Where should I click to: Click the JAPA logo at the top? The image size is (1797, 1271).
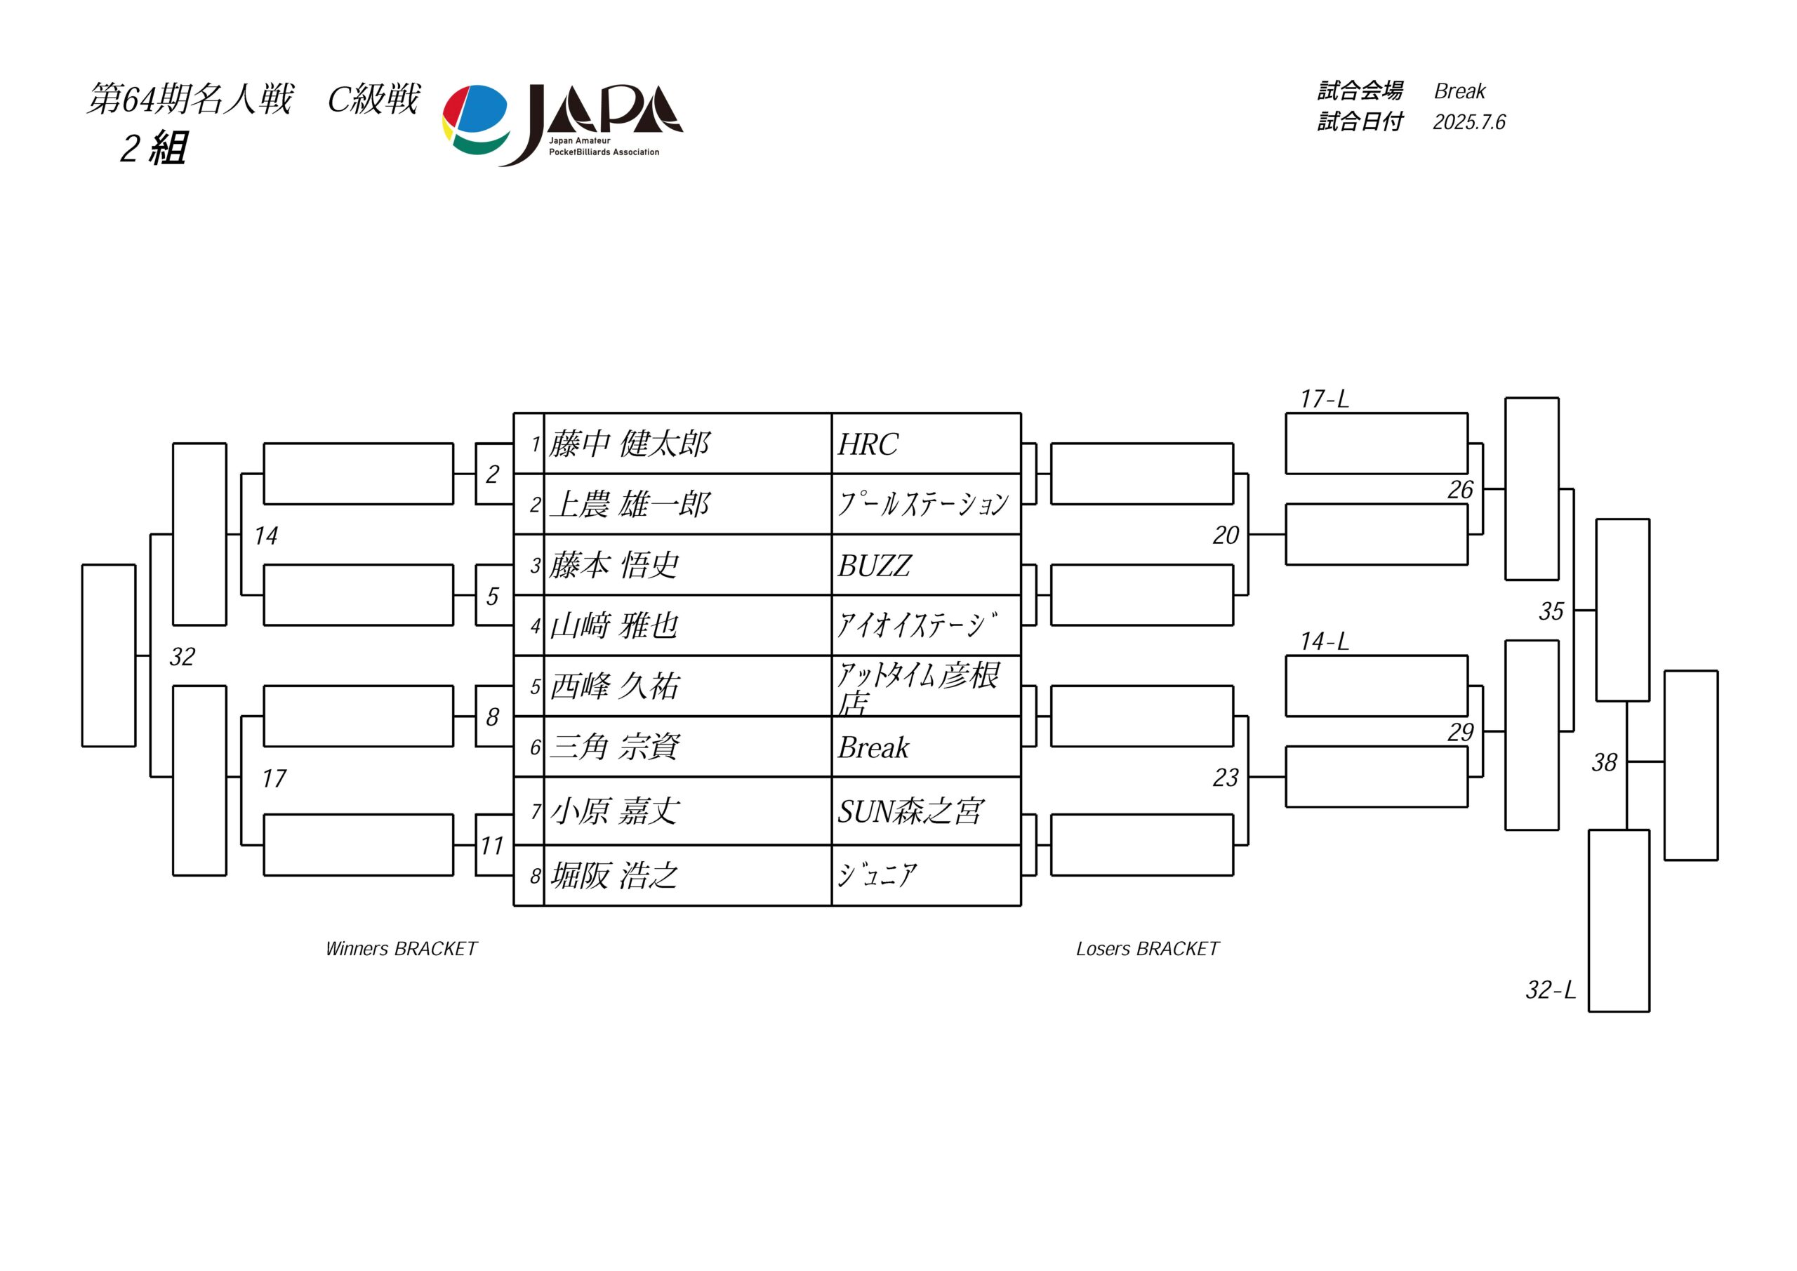tap(563, 124)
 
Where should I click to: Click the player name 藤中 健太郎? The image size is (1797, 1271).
tap(629, 444)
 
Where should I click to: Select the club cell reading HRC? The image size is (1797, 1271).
tap(868, 444)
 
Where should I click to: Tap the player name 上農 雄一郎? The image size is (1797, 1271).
tap(629, 504)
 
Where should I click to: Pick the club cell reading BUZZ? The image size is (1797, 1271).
tap(874, 566)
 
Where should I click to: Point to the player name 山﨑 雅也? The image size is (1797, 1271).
tap(614, 626)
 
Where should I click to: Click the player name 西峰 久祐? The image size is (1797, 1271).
tap(614, 686)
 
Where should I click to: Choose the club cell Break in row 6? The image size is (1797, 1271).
tap(873, 747)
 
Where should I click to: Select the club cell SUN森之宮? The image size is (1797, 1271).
tap(910, 811)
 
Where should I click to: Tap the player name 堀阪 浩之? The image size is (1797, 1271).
tap(614, 875)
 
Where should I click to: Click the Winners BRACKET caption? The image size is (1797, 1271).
tap(401, 949)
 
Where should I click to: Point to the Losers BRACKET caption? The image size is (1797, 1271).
tap(1148, 949)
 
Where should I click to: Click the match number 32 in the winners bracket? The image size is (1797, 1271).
tap(183, 657)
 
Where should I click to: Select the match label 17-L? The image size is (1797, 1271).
tap(1325, 399)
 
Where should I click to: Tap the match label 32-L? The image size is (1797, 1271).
tap(1551, 990)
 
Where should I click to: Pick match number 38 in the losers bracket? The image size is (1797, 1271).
tap(1605, 762)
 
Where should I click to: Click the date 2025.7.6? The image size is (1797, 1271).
tap(1469, 122)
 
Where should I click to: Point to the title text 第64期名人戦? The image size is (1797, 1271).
tap(190, 100)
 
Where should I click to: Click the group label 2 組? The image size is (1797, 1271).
tap(154, 148)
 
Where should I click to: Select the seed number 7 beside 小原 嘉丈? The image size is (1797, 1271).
tap(536, 811)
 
